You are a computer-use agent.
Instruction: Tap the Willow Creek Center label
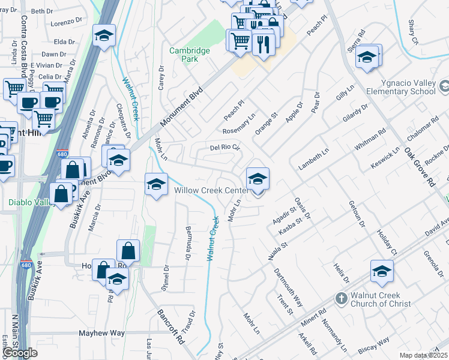(211, 190)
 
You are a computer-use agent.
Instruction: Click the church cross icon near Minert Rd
(341, 298)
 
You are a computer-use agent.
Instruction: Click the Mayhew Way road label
(102, 332)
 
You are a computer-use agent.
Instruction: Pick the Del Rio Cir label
(224, 147)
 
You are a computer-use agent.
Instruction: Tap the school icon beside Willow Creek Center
(258, 179)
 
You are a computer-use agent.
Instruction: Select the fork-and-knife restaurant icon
(264, 44)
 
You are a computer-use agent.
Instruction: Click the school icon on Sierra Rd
(366, 58)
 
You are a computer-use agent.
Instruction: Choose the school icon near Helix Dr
(382, 272)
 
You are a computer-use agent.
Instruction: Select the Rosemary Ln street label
(239, 123)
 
